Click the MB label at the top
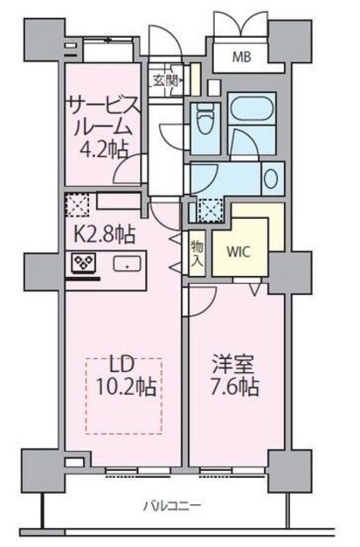241,58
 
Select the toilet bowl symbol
204,117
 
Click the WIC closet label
239,254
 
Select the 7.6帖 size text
236,387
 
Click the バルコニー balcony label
167,506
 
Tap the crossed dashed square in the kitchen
77,204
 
